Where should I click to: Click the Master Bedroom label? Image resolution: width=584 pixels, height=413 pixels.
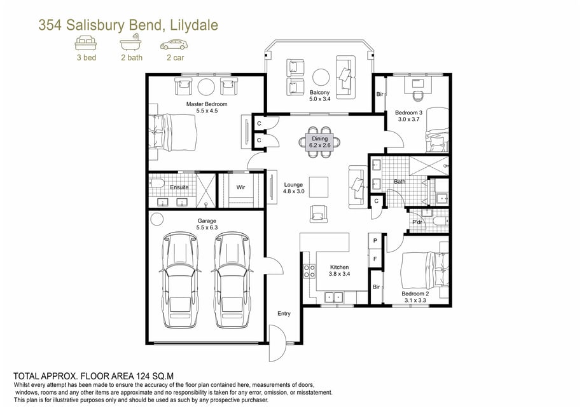pos(207,104)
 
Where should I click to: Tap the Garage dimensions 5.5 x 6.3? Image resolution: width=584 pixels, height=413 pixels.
pos(207,227)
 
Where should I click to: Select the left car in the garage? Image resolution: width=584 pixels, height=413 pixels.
pos(180,280)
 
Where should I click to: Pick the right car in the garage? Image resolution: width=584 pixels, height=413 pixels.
pos(232,280)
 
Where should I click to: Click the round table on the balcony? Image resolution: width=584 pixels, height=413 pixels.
pos(321,78)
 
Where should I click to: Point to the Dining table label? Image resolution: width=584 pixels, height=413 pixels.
pos(320,139)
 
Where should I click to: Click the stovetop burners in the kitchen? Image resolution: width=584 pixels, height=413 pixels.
pos(309,271)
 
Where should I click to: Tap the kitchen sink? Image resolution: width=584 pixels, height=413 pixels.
pos(334,297)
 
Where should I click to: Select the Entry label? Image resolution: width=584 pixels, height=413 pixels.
pos(284,314)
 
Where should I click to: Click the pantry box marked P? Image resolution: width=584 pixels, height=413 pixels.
pos(375,241)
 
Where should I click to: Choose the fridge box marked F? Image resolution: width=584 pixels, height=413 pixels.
pos(375,259)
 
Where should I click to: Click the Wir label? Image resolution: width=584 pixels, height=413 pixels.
pos(240,187)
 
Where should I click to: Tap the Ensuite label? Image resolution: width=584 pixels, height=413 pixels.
pos(179,187)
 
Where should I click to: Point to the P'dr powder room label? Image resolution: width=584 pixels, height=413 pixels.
pos(417,222)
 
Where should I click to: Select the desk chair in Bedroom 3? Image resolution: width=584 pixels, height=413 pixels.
pos(418,95)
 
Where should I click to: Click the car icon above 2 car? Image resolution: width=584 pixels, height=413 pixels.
pos(174,45)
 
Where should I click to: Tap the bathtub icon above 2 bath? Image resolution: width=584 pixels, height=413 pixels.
pos(130,43)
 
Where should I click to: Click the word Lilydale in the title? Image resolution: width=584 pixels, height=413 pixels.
pos(193,25)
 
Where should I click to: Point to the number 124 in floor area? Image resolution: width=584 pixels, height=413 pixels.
pos(143,376)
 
